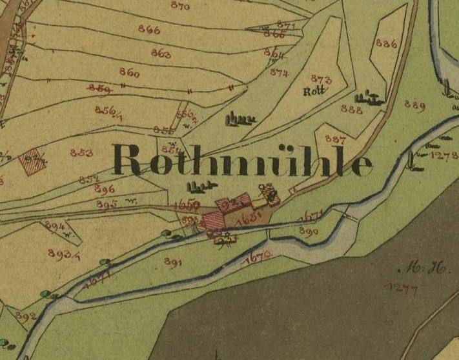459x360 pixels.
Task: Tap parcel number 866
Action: click(x=149, y=29)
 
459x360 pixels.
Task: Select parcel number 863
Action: click(x=161, y=53)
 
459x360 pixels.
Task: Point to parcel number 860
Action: click(x=129, y=72)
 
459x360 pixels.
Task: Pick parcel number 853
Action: click(x=81, y=153)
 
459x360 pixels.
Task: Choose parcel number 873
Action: click(x=321, y=79)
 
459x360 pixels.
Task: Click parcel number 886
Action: click(x=385, y=44)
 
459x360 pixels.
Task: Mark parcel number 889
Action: click(x=414, y=105)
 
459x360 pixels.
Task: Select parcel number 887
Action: click(x=336, y=139)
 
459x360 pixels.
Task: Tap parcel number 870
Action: click(x=181, y=6)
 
